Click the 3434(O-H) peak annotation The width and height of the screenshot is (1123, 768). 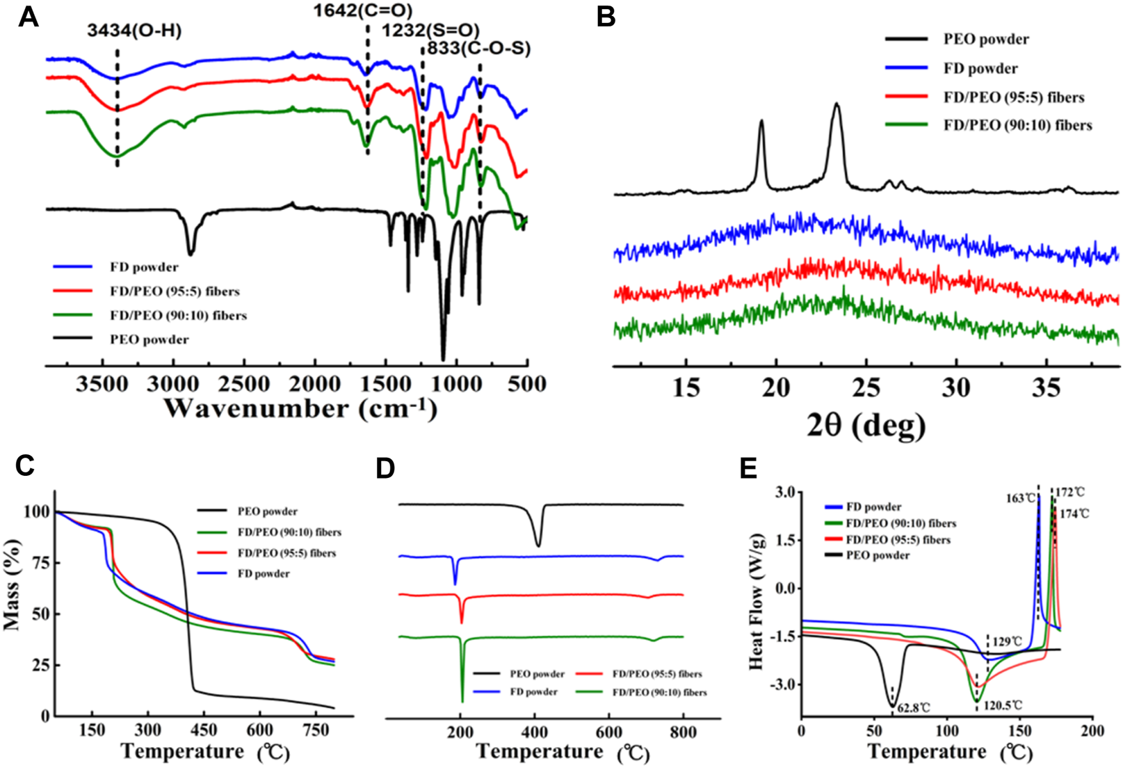click(134, 31)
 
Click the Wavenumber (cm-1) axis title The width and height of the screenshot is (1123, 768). click(300, 408)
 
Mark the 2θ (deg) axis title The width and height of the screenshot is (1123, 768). click(866, 424)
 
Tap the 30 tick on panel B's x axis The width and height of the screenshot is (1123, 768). click(956, 387)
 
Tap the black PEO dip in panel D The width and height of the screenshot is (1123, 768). click(538, 543)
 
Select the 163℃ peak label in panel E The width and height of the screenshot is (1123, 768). click(1019, 499)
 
